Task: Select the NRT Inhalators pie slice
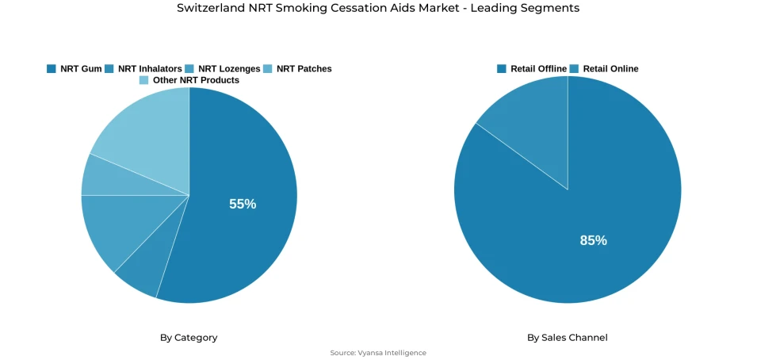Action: point(143,270)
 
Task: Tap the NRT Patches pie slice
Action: point(99,176)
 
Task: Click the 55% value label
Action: point(243,204)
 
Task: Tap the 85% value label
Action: point(593,240)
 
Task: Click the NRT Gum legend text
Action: point(81,69)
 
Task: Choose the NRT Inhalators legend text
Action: point(150,69)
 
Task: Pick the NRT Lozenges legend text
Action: point(228,69)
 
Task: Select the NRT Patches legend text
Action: point(304,69)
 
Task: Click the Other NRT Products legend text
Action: point(196,80)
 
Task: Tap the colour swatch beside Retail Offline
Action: point(502,69)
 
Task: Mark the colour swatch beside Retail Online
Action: point(574,69)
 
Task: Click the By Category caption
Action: point(189,338)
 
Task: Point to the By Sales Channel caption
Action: point(568,338)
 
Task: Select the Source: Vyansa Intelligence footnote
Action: point(378,353)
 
